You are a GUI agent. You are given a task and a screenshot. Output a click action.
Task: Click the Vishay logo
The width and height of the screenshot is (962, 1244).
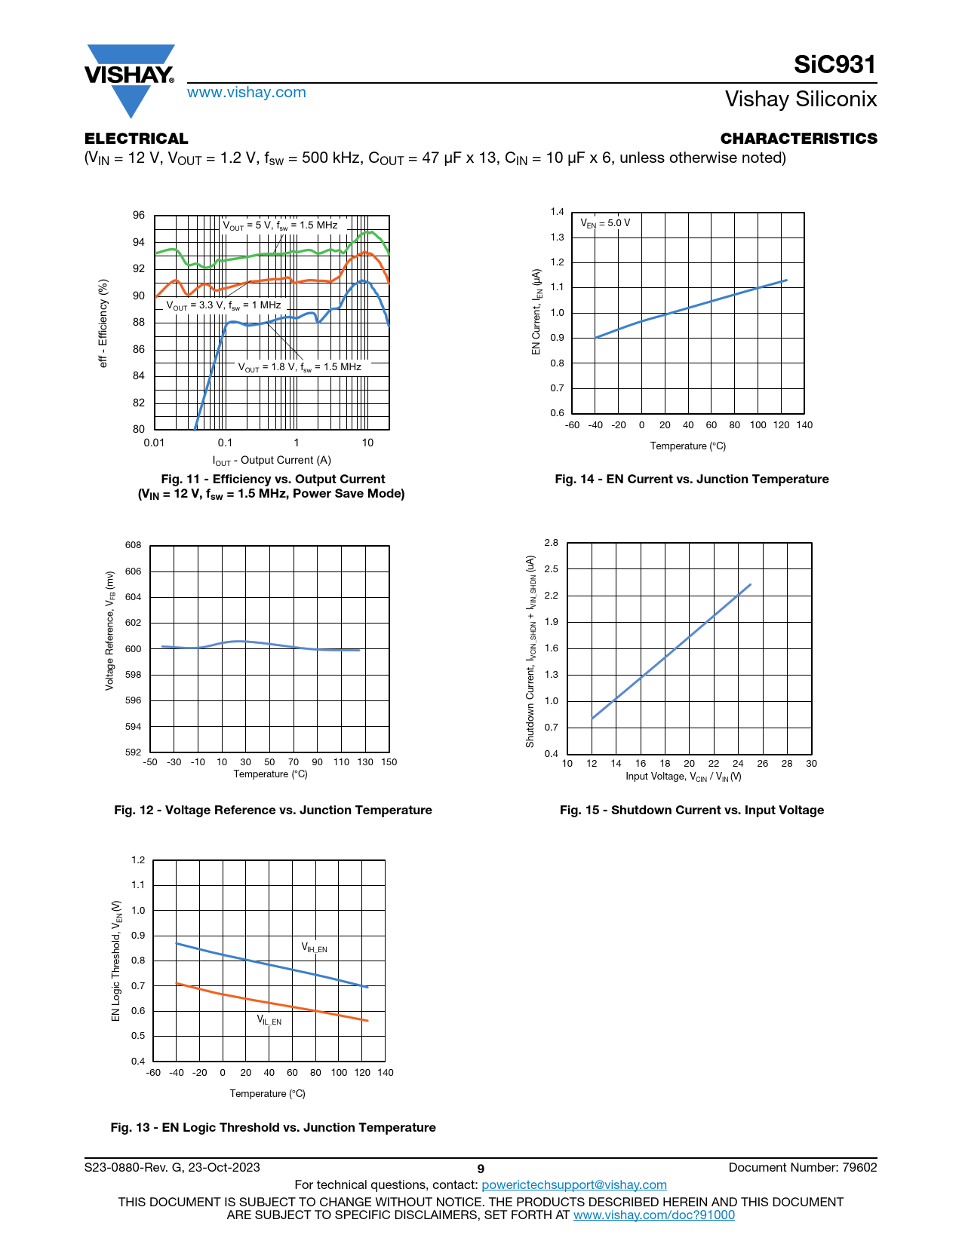[130, 78]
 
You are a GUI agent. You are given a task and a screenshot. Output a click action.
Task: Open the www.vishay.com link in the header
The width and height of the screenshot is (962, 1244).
[247, 92]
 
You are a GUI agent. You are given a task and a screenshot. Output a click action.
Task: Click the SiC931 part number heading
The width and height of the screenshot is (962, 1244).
[834, 65]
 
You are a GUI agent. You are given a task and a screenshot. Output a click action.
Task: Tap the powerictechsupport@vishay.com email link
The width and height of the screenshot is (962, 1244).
[574, 1184]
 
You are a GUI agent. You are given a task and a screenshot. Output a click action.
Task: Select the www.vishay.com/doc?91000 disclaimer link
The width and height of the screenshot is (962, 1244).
[654, 1215]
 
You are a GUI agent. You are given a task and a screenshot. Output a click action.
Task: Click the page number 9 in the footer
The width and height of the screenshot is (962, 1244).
[481, 1169]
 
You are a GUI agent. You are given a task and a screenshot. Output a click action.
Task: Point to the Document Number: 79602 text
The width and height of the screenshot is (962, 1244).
[803, 1167]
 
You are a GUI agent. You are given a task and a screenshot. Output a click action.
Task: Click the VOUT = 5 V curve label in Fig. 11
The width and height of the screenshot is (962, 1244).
[280, 225]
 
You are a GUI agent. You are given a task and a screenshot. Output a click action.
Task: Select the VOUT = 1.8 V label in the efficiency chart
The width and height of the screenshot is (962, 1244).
[300, 367]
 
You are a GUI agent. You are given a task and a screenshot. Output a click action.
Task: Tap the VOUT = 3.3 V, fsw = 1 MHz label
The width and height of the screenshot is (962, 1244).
[223, 305]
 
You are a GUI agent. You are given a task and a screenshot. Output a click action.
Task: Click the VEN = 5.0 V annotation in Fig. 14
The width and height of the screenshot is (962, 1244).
[605, 223]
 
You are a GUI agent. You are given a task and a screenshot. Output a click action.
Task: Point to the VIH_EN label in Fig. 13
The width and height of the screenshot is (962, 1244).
[315, 948]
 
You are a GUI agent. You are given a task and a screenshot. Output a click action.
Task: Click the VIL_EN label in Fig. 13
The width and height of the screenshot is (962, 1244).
[269, 1020]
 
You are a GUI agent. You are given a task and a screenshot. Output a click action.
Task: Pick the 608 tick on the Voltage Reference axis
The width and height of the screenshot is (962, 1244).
[133, 545]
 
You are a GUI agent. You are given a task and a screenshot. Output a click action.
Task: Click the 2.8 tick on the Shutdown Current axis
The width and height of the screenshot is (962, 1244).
[552, 543]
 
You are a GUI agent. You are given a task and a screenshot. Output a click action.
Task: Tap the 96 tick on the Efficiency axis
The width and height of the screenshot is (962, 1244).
[139, 216]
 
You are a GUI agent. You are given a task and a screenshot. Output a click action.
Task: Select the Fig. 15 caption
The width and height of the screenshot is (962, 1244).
[691, 810]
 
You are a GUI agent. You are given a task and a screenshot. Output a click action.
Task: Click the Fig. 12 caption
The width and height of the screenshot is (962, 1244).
[273, 810]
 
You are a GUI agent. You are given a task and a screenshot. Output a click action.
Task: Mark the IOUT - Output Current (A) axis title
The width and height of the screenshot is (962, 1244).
[272, 461]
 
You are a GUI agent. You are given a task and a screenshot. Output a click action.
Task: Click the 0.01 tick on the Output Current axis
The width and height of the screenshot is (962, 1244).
[154, 443]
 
